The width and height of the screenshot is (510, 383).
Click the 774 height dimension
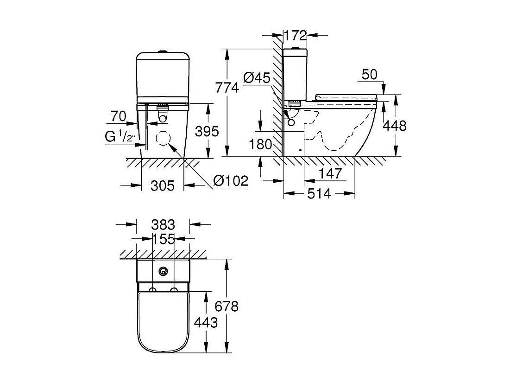click(227, 88)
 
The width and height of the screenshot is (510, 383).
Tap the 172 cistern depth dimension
click(295, 36)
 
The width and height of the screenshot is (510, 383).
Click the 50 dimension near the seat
click(370, 75)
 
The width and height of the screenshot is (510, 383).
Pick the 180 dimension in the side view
click(260, 144)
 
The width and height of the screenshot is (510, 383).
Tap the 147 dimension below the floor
click(330, 173)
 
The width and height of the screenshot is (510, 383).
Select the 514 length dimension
click(319, 194)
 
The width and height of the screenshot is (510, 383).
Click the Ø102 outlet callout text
click(231, 180)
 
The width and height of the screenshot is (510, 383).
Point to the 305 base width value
click(163, 185)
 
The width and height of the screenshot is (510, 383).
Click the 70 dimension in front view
click(119, 116)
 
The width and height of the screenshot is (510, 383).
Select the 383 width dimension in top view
click(163, 224)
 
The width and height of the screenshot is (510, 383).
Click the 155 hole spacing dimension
click(164, 239)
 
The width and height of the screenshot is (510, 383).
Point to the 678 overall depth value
click(227, 306)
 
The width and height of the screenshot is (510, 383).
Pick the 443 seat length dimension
click(206, 322)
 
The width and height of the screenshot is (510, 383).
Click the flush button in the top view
click(163, 271)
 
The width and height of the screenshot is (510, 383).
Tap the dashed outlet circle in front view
click(163, 138)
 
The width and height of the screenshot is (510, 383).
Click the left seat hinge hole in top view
click(152, 290)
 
